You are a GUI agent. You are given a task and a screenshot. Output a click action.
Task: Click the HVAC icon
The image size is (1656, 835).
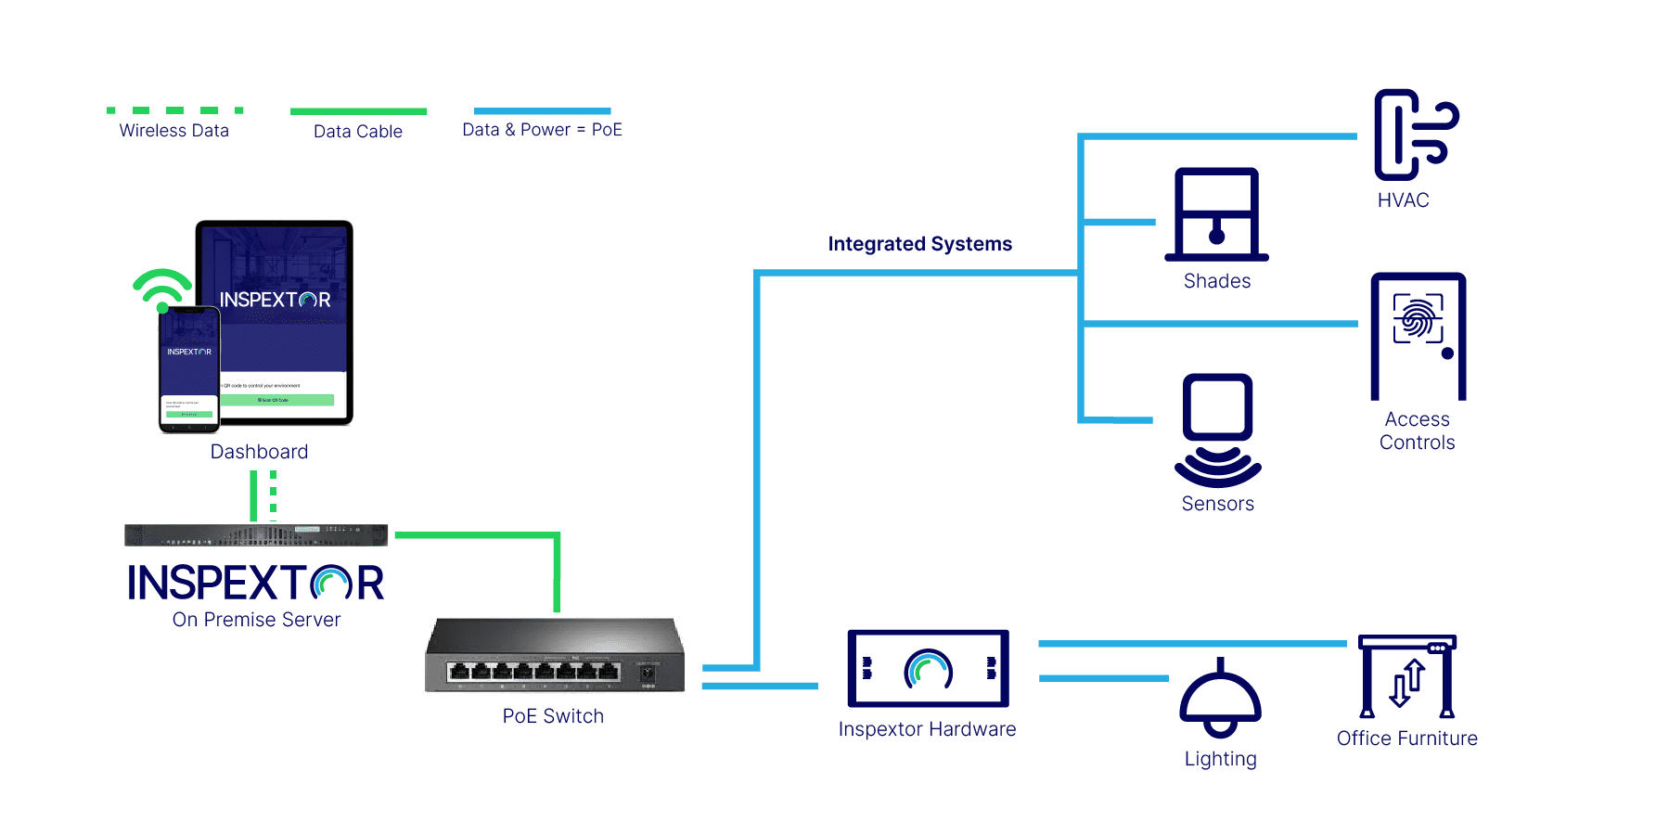[1413, 135]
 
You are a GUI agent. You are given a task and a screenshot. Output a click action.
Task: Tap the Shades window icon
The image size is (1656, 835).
[1216, 215]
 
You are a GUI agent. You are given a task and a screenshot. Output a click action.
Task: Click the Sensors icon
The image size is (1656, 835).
[1217, 429]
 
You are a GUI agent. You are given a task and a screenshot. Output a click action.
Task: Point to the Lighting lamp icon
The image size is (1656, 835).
[1220, 700]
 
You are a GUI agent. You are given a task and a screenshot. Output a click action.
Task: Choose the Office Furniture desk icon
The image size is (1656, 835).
[1406, 677]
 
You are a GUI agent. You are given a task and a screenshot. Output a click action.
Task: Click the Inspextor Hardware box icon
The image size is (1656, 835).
[928, 668]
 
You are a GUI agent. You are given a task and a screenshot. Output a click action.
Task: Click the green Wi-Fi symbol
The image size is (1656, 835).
[162, 289]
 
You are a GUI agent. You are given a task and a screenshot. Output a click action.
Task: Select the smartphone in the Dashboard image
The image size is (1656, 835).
[189, 369]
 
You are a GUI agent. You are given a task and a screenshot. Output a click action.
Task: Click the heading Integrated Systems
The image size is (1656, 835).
[919, 244]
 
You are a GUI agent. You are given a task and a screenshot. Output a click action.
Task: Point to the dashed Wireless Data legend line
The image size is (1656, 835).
[174, 110]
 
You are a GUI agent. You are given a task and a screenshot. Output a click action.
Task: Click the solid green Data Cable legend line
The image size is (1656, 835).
[358, 111]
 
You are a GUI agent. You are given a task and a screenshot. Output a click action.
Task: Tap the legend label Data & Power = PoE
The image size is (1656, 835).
[542, 130]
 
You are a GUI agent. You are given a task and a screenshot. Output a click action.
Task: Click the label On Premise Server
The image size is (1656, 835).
[256, 620]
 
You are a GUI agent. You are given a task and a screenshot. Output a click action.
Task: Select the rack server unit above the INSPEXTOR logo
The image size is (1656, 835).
[256, 535]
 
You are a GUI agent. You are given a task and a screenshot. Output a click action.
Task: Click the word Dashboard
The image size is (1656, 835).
[259, 452]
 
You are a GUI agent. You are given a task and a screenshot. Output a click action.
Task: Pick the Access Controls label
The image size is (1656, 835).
[1417, 431]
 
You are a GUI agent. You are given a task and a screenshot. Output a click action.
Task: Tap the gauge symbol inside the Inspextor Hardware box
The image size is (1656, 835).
[928, 669]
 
